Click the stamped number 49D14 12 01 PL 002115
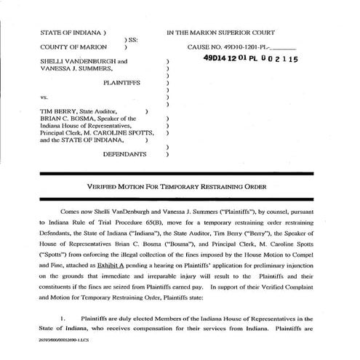click(x=250, y=61)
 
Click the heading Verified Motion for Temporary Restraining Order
click(x=180, y=186)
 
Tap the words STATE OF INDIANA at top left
click(x=71, y=33)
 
